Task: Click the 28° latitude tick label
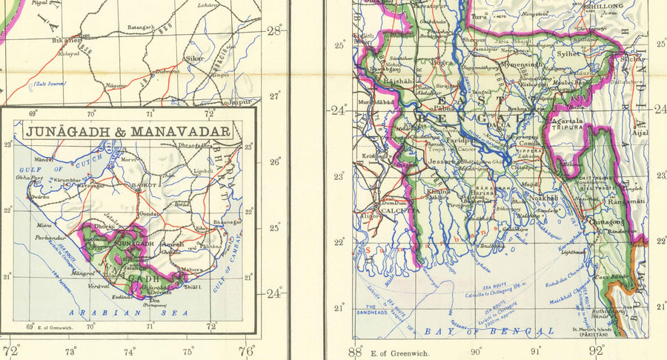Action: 275,30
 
